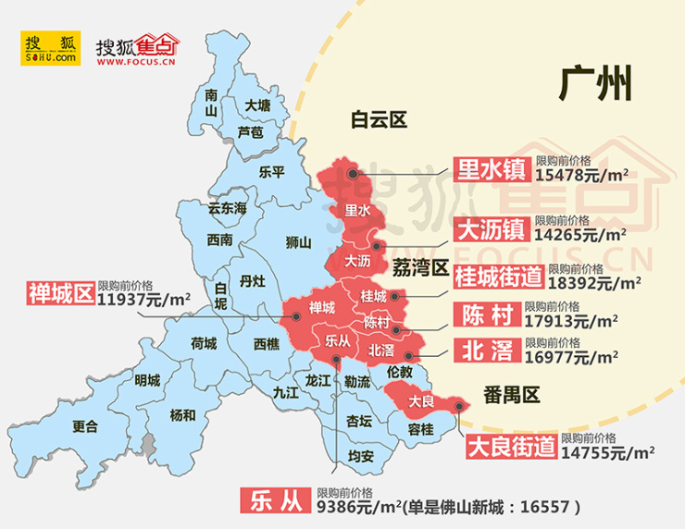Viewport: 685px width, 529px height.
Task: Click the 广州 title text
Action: coord(596,85)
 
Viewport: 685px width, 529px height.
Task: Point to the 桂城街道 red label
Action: coord(499,276)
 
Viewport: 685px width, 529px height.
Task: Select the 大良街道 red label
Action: coord(509,447)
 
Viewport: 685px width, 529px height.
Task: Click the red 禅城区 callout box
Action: coord(61,294)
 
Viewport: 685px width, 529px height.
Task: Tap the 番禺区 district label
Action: coord(511,395)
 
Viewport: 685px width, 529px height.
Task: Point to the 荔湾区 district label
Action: coord(420,268)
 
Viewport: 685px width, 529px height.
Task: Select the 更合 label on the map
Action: coord(84,426)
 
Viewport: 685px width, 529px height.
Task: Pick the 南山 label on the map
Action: coord(211,103)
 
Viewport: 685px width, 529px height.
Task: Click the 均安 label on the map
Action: coord(361,456)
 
